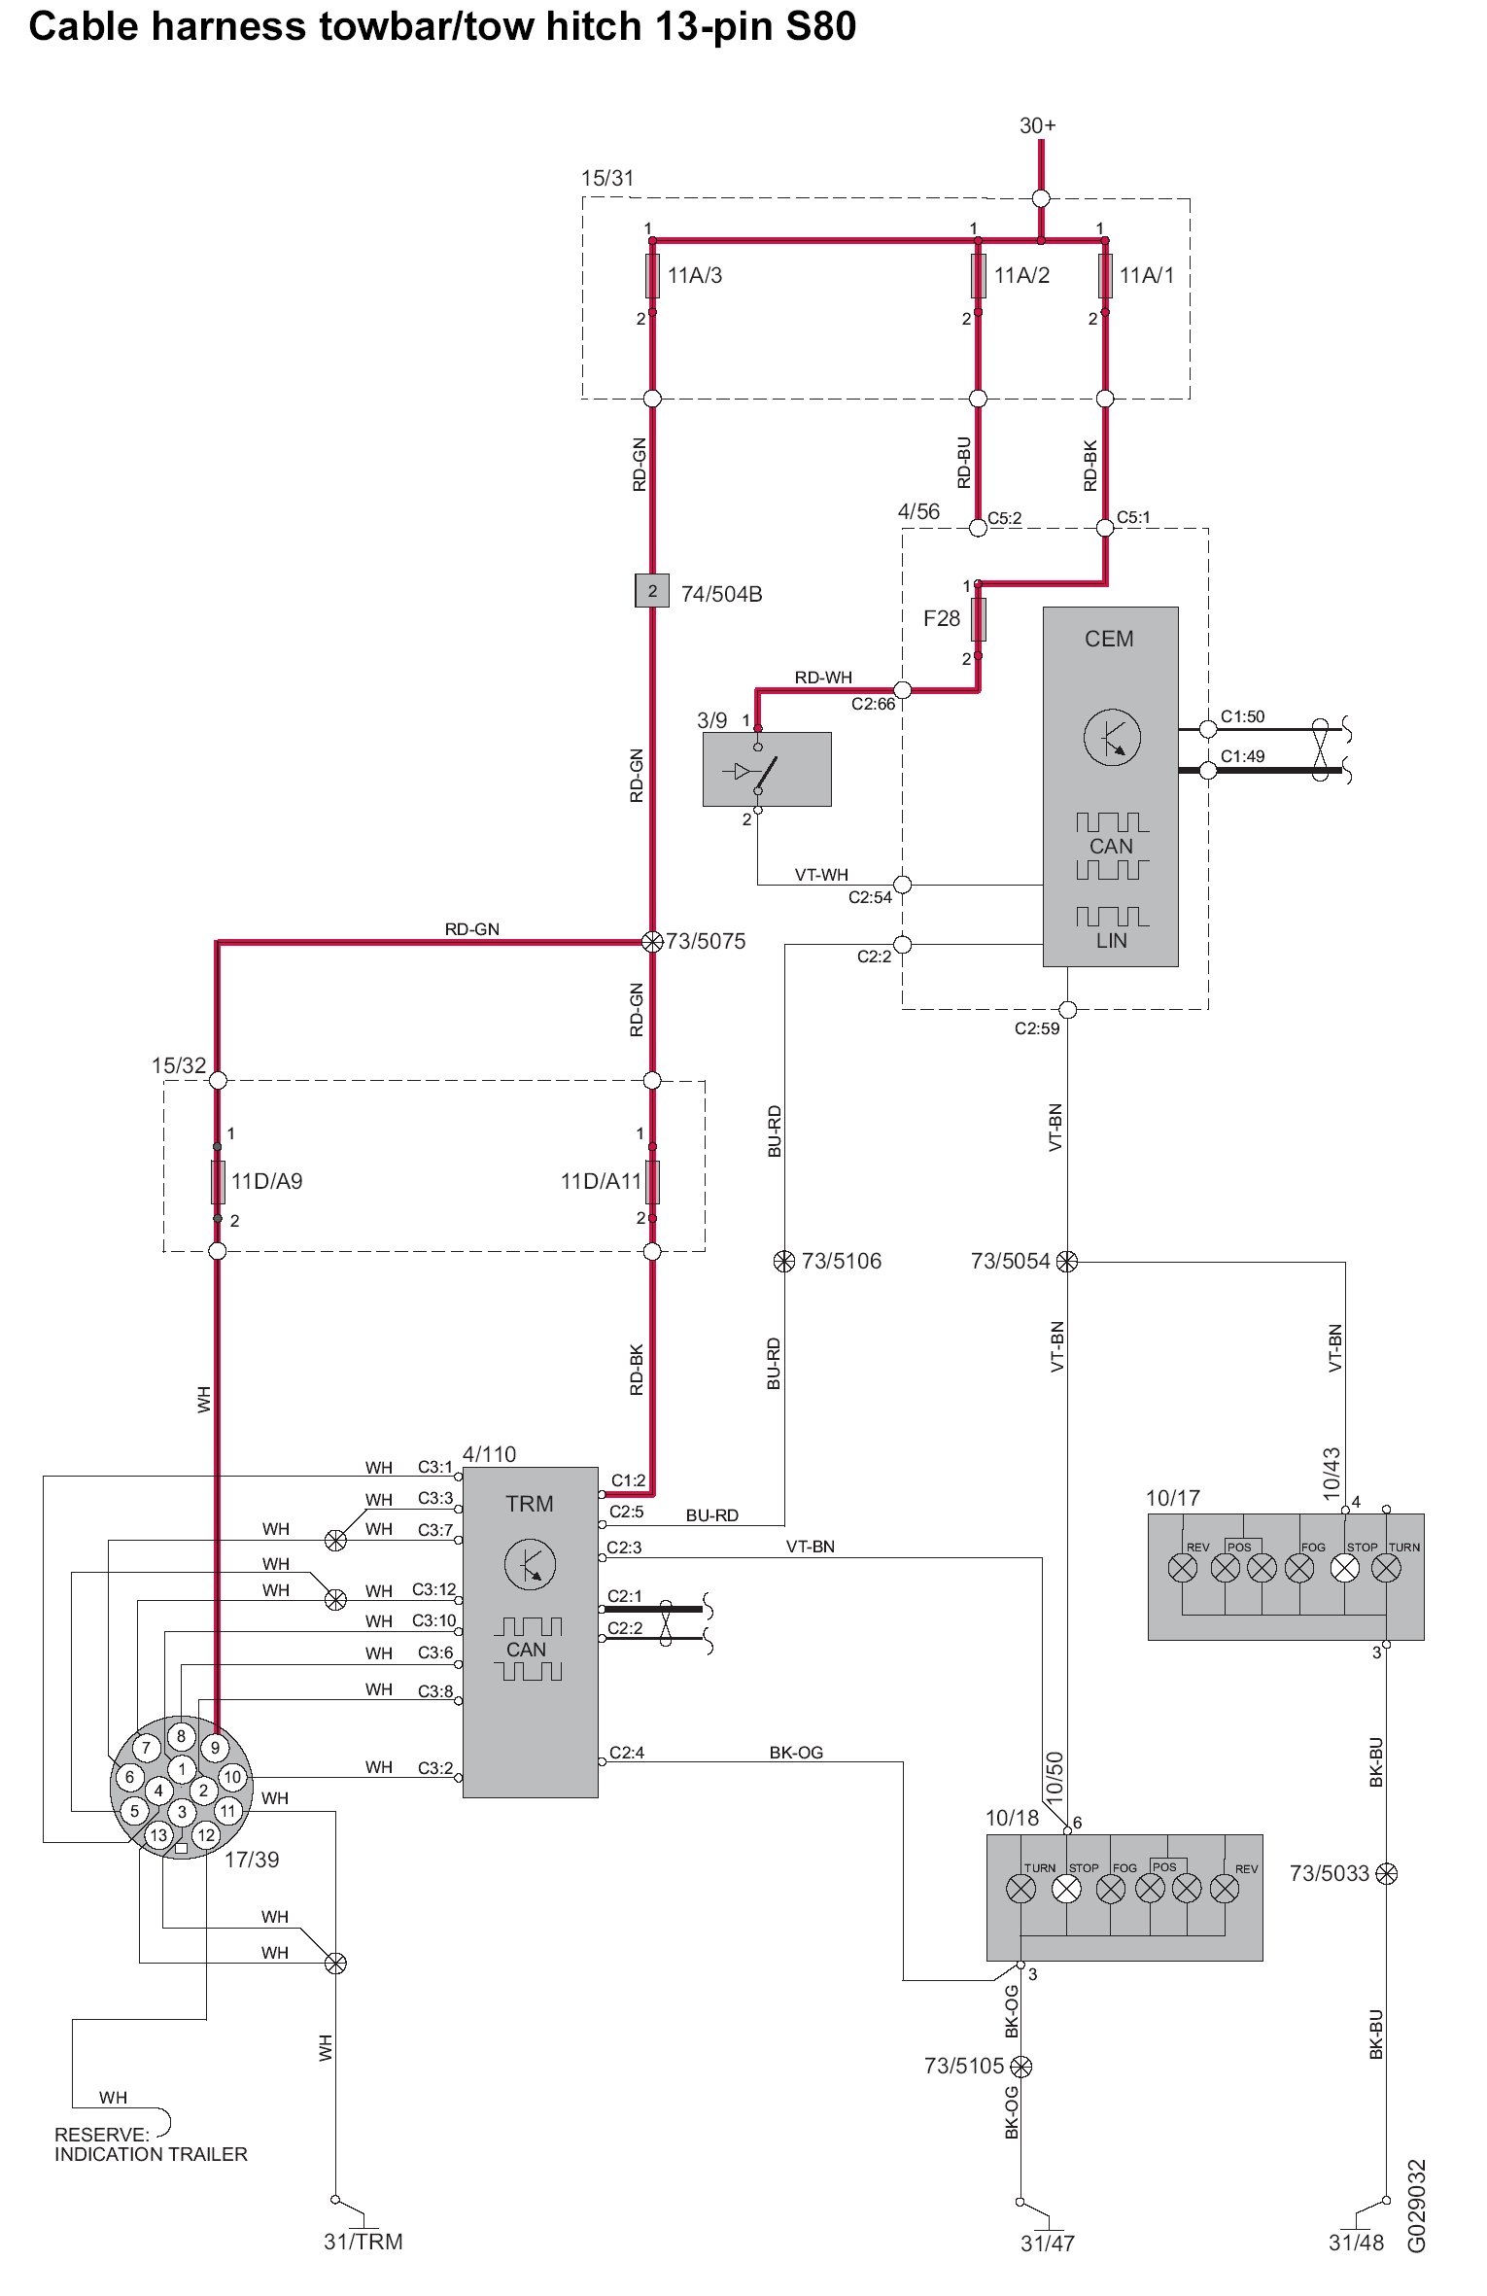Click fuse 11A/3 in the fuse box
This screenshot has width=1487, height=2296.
pos(652,275)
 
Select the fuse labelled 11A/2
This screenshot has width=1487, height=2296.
pos(978,275)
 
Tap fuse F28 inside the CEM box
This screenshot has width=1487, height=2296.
pos(979,619)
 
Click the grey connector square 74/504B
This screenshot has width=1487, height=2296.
pos(652,591)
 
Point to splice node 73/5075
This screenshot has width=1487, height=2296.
pos(652,941)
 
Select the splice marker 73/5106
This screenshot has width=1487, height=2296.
pos(783,1262)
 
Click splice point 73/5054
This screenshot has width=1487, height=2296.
pos(1067,1262)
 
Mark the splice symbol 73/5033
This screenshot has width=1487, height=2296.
pos(1387,1873)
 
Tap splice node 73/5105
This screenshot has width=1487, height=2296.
pos(1020,2066)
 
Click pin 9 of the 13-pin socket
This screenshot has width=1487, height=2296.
pos(215,1747)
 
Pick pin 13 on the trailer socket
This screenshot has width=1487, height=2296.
pos(158,1835)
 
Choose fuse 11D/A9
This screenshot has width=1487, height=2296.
pos(218,1182)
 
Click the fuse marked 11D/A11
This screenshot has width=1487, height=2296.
pos(652,1182)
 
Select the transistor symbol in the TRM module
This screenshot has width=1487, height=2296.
pos(530,1565)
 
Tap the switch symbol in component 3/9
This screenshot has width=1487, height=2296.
pos(754,772)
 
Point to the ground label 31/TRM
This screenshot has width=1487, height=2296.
pos(363,2242)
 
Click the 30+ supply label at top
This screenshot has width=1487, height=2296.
pos(1038,126)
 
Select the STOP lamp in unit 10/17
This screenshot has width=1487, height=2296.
pos(1344,1567)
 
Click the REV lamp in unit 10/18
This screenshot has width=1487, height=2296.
pos(1226,1889)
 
